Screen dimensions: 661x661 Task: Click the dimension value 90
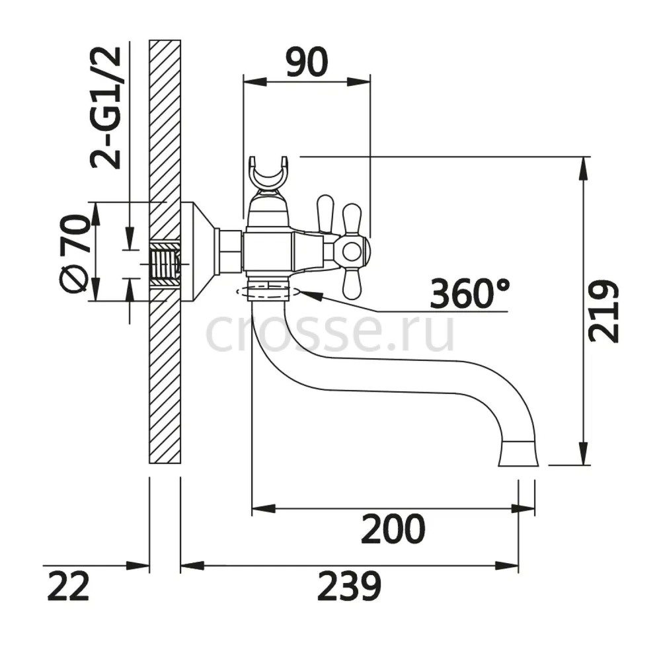point(307,62)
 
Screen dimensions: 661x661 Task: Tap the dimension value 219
point(603,311)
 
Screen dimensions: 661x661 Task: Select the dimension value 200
point(393,529)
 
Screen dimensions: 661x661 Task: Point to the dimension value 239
point(349,586)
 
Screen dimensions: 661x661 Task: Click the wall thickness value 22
point(68,586)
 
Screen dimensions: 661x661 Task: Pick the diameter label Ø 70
point(75,253)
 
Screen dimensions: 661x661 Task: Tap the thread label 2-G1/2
point(105,108)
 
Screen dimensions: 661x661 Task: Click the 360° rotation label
point(469,293)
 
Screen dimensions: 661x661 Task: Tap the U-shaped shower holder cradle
point(268,173)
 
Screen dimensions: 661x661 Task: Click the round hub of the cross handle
point(352,252)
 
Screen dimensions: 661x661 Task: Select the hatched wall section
point(165,252)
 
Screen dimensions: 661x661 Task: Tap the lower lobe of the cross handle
point(352,284)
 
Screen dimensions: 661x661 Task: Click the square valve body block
point(268,252)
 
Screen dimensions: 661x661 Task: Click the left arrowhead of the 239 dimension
point(192,566)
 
